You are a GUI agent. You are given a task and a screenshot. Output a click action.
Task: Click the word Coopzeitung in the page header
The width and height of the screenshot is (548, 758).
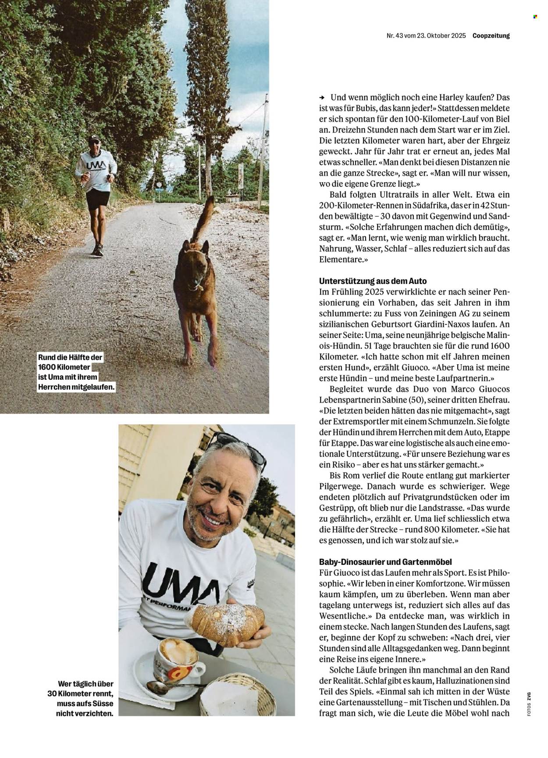pos(491,36)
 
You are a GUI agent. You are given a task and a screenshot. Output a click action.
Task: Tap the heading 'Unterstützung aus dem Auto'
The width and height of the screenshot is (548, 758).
pos(373,281)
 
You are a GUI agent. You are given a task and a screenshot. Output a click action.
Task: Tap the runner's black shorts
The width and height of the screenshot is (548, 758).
pos(97,200)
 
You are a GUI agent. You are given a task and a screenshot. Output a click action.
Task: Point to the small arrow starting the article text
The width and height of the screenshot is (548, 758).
pos(322,97)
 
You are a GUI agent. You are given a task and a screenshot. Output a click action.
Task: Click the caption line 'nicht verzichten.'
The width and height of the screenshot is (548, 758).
pos(85,714)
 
